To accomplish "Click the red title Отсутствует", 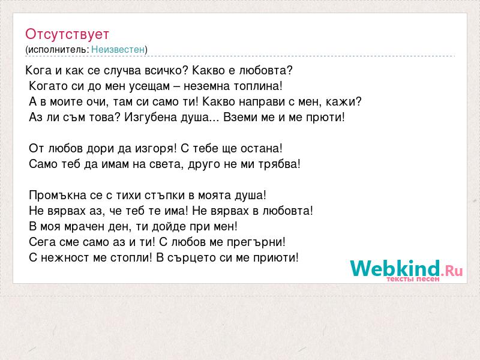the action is (x=67, y=34).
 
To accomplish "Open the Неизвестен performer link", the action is (x=118, y=49).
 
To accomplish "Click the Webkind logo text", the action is (x=395, y=268).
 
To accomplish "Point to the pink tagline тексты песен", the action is (x=413, y=279).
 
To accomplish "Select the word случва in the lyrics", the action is (x=122, y=71).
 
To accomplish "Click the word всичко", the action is (x=163, y=71).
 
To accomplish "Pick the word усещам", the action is (x=149, y=86).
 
